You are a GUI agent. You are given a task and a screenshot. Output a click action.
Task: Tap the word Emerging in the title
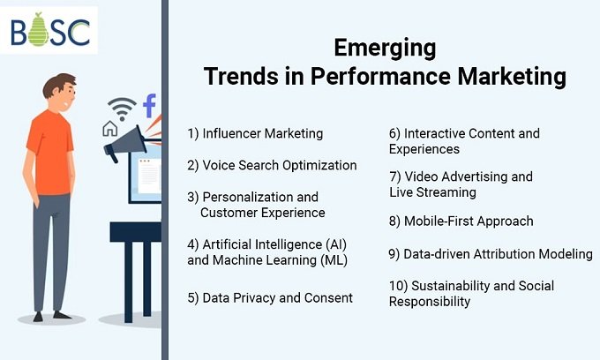pos(385,49)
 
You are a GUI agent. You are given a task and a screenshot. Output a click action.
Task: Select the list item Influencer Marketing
pos(255,133)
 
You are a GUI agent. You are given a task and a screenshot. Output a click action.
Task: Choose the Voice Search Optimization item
pos(272,165)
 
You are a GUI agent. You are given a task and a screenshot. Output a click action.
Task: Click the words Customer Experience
pos(263,213)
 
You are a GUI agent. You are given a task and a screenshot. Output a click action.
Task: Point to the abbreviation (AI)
pos(336,244)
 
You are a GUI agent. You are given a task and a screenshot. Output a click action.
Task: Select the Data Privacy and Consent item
pos(270,297)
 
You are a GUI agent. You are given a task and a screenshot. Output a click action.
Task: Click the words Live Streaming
pos(432,192)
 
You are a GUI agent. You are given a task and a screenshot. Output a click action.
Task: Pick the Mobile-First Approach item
pos(461,221)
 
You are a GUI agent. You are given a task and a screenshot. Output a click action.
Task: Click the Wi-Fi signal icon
pos(122,109)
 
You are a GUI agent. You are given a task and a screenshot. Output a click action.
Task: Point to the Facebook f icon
pos(150,106)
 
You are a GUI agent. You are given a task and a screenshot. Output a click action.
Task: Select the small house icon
pos(110,129)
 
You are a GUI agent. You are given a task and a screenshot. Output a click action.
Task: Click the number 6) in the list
pos(394,133)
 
